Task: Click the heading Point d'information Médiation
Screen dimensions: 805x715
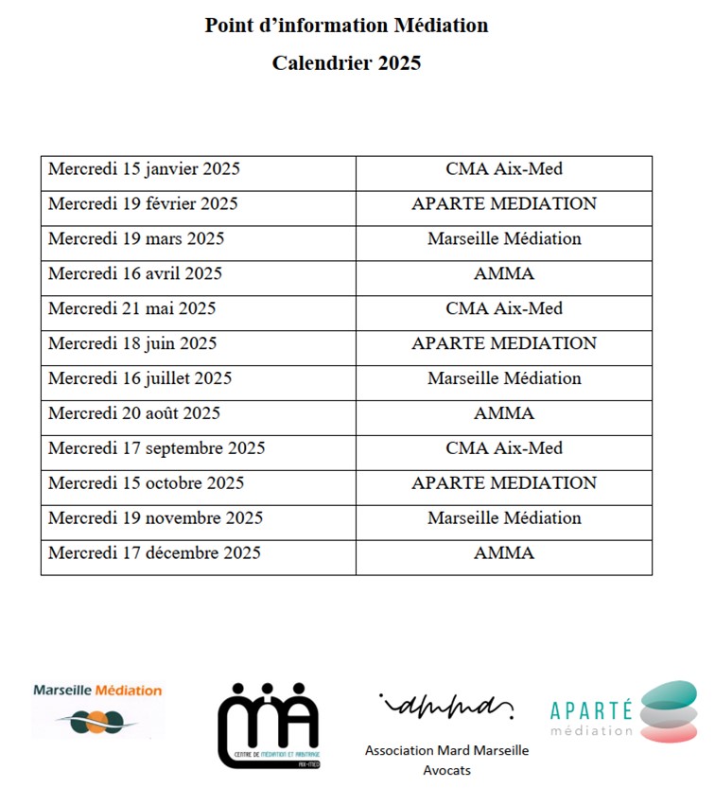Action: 346,26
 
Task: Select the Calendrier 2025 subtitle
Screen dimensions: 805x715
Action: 346,64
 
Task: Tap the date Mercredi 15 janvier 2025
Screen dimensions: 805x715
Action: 144,169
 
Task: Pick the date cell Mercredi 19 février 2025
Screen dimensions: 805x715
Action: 143,204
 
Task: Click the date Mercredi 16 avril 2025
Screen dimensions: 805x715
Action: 135,274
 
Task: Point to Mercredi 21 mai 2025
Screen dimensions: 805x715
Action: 131,309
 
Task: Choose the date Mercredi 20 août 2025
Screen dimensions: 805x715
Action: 134,413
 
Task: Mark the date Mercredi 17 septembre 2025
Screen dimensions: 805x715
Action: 156,448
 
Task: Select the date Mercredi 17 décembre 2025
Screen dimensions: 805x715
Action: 154,553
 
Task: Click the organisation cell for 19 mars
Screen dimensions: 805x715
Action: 504,239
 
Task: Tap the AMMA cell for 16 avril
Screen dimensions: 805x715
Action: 504,274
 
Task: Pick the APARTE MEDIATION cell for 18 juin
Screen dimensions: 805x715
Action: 504,343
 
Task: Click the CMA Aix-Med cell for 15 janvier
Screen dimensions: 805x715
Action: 504,169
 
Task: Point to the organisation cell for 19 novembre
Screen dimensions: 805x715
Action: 504,518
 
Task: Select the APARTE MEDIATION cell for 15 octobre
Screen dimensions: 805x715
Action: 504,483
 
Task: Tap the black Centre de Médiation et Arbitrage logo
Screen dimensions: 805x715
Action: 268,725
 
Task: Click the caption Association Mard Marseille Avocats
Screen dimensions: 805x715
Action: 446,760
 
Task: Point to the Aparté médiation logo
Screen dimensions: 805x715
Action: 623,711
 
